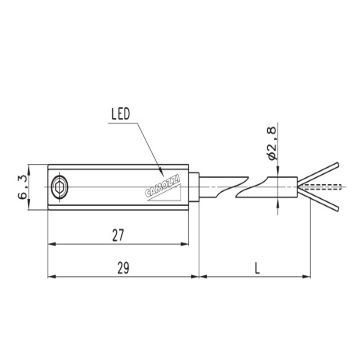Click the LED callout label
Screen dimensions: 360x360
(120, 115)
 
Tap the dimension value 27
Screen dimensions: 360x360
(118, 236)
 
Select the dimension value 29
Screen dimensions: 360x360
(123, 268)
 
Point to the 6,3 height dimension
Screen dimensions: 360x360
(22, 187)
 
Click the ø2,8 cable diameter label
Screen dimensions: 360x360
(272, 143)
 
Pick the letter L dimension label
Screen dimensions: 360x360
(257, 268)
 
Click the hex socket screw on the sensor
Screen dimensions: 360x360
(60, 188)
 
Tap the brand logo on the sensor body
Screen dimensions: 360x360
(163, 189)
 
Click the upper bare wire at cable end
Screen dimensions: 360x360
(318, 172)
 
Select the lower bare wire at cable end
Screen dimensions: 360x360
(318, 201)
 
